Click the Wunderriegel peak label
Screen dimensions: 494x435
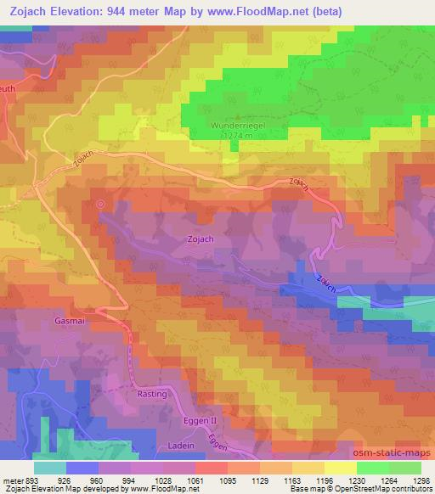pyautogui.click(x=234, y=124)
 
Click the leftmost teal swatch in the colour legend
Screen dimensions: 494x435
pyautogui.click(x=49, y=467)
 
